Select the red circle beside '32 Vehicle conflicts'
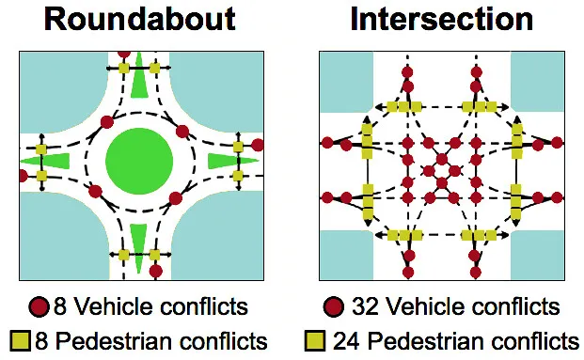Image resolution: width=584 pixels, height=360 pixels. (x=334, y=307)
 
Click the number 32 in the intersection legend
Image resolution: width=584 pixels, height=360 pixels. (x=364, y=307)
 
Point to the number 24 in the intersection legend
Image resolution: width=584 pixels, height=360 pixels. (x=346, y=339)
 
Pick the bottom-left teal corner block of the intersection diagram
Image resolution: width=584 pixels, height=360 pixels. (x=344, y=254)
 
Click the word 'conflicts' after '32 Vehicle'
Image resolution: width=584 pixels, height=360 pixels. (x=511, y=307)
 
